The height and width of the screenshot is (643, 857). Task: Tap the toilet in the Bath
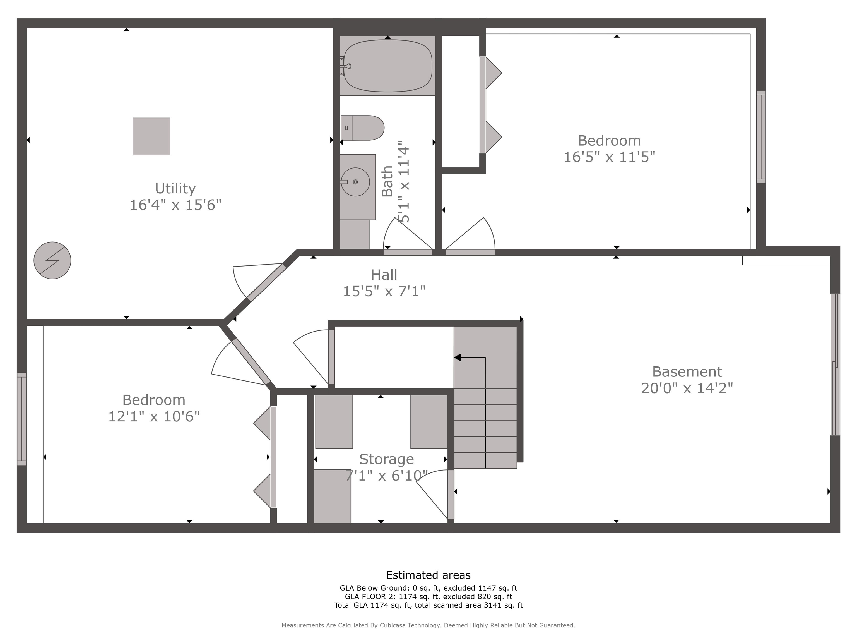pyautogui.click(x=362, y=128)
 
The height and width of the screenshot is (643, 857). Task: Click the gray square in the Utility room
pyautogui.click(x=151, y=136)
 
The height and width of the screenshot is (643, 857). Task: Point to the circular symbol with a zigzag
pyautogui.click(x=52, y=260)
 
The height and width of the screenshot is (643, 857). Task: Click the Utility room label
pyautogui.click(x=175, y=188)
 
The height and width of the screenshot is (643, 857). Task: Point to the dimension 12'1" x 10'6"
pyautogui.click(x=154, y=417)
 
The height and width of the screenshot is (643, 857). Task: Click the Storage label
pyautogui.click(x=386, y=459)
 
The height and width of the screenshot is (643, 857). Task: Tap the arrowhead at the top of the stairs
pyautogui.click(x=457, y=357)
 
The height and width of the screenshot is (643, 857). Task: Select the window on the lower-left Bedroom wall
pyautogui.click(x=22, y=419)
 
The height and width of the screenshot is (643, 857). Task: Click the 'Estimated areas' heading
pyautogui.click(x=428, y=575)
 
